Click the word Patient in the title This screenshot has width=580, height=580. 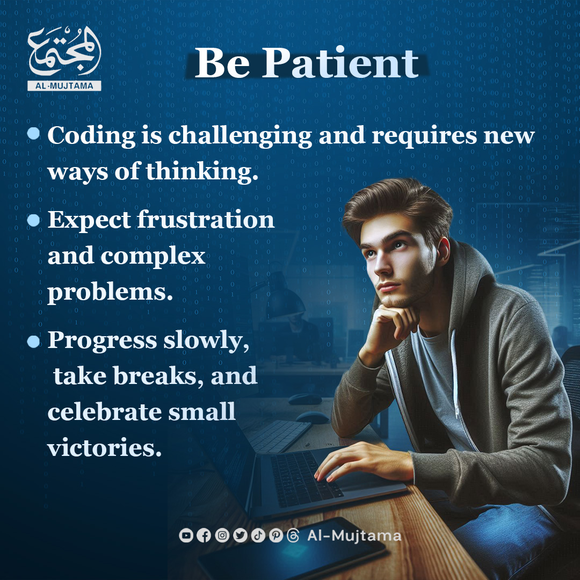pos(340,63)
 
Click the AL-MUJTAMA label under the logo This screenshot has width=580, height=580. pos(64,86)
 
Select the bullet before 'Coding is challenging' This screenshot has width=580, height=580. pos(33,133)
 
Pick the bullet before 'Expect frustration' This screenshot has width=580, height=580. pos(33,220)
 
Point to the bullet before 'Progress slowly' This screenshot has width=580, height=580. pos(33,341)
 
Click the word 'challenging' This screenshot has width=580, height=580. pos(240,136)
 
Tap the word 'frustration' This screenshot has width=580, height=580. pos(206,220)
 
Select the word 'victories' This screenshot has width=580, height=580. pos(104,447)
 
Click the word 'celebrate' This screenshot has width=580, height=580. pos(105,411)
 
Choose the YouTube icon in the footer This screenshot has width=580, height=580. pos(186,535)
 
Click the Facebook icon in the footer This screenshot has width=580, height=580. pos(204,535)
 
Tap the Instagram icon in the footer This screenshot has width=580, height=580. pos(222,535)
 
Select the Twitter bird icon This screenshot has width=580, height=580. pos(240,535)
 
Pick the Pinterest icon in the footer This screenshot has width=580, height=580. pos(276,535)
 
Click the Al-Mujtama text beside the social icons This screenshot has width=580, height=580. pos(354,535)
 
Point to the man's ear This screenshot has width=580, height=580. pos(443,251)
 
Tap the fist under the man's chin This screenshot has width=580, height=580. pos(392,325)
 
